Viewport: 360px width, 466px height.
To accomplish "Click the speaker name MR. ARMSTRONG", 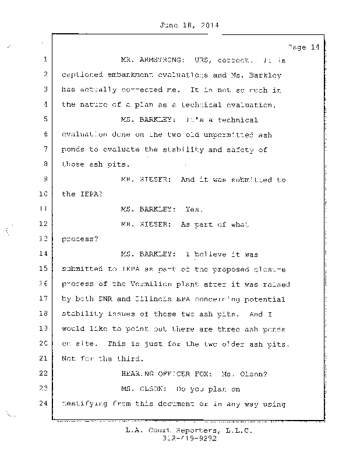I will click(152, 60).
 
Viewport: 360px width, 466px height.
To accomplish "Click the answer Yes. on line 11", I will click(193, 209).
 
